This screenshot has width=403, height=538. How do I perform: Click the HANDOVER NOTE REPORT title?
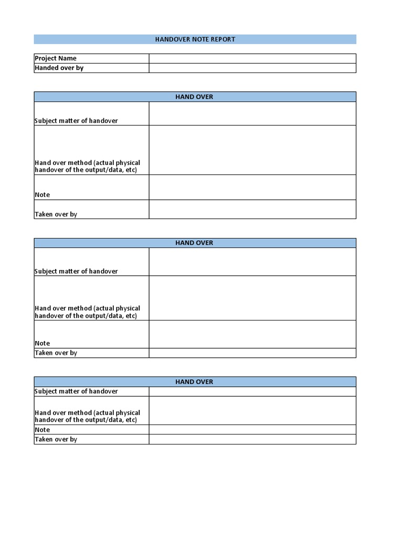click(x=195, y=39)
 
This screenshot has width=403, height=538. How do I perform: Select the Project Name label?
click(x=56, y=58)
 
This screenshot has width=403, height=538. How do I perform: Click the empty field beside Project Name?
click(x=252, y=58)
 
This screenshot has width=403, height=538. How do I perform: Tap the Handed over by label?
click(x=59, y=68)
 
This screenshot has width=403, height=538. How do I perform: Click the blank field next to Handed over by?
click(x=252, y=68)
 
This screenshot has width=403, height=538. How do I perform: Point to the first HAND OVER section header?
click(x=195, y=97)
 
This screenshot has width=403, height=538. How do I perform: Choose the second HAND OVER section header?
click(x=195, y=243)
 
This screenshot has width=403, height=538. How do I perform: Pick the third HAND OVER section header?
click(x=195, y=381)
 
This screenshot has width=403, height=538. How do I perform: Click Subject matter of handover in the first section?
click(x=76, y=121)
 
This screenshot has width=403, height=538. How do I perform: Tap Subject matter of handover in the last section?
click(x=76, y=391)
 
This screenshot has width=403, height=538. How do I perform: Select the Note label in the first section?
click(x=43, y=195)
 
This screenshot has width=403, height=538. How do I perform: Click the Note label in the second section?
click(x=43, y=344)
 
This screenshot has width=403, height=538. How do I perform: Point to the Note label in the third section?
click(x=43, y=430)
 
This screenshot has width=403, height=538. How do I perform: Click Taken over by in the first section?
click(x=56, y=214)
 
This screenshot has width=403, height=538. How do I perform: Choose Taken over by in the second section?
click(x=56, y=353)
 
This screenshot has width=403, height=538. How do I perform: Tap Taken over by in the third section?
click(x=56, y=439)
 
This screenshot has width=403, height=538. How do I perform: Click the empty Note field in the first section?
click(x=252, y=187)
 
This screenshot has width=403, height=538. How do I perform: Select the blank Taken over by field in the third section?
click(x=252, y=439)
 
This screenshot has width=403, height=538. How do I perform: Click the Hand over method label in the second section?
click(x=87, y=312)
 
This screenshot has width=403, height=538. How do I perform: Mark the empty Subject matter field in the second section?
click(x=252, y=262)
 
